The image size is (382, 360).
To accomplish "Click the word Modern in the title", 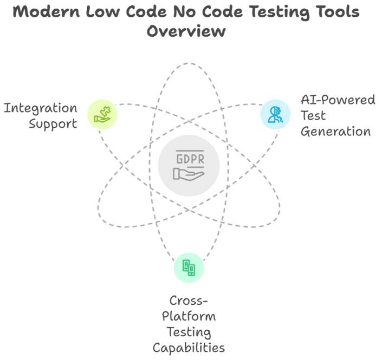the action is coord(46,12).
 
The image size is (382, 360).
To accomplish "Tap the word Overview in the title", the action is coord(186,31).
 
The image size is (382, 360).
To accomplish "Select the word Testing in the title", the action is coord(280,12).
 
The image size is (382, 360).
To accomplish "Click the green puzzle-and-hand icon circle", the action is coord(102,114).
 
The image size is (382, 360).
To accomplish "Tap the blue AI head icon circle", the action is coord(275,114).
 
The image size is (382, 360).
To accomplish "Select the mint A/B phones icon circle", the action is coord(189,268).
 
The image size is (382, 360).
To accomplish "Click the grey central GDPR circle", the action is coord(189,166).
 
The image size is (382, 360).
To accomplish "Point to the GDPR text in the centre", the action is coord(191,159).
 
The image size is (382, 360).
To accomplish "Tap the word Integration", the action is coord(41,109).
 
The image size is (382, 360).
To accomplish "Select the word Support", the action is coord(53,124).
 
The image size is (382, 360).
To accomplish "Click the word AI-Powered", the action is coord(338,100).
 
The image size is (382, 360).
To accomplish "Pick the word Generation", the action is coord(336,132).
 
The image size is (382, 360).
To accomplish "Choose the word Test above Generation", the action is coord(313,115).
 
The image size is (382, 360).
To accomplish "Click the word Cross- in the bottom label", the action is coord(189,301).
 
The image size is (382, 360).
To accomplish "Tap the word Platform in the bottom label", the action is coord(189,317).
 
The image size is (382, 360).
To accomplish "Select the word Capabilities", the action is coord(189,348).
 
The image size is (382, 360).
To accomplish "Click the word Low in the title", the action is coord(103,12).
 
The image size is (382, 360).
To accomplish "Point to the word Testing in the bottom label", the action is coord(189,332).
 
